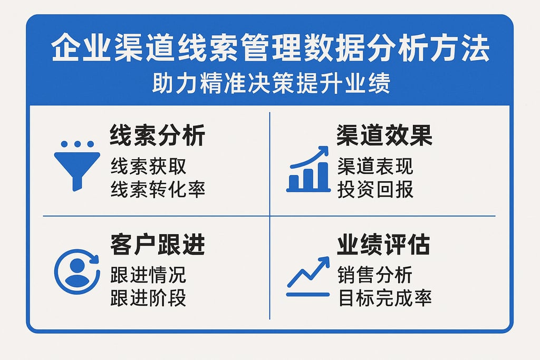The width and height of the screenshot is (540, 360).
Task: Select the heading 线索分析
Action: pos(157,135)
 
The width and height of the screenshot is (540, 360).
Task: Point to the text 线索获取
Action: pos(148,167)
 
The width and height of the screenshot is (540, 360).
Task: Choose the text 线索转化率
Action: pos(157,189)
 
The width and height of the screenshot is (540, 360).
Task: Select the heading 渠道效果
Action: pos(384,135)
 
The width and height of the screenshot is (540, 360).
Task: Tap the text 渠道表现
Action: pos(375,167)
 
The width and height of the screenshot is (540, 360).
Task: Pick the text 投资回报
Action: pos(375,189)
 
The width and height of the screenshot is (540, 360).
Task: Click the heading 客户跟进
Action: pos(157,245)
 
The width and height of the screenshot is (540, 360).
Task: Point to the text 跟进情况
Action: pos(148,275)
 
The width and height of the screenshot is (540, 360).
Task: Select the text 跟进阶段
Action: pos(148,298)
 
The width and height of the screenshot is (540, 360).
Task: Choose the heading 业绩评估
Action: pos(384,245)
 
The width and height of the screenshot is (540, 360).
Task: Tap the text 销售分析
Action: pos(375,275)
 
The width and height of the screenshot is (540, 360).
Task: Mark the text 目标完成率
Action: pos(384,298)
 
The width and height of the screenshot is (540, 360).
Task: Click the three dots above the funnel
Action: pos(77,144)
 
